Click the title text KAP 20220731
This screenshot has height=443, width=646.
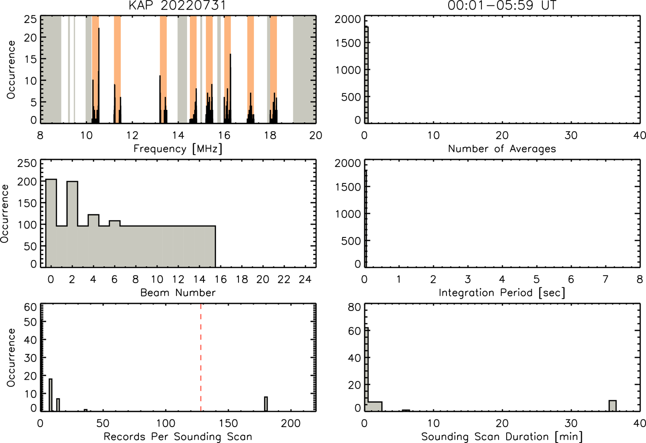(x=177, y=5)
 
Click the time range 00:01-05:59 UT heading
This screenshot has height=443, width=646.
(x=502, y=5)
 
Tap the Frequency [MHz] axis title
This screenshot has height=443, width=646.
(x=178, y=149)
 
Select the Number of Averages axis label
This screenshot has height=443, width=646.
(x=502, y=149)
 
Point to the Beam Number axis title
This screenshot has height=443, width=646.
(x=178, y=292)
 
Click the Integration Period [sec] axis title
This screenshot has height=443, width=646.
(x=502, y=293)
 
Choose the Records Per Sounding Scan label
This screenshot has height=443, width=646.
(x=178, y=436)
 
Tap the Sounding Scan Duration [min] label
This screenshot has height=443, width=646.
(x=502, y=436)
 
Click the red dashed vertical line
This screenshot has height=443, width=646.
(x=201, y=357)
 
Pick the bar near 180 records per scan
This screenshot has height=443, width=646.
(x=266, y=404)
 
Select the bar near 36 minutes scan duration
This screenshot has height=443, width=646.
(x=612, y=405)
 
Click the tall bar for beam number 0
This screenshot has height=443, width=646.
(x=51, y=223)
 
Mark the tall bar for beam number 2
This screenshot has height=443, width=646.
(x=73, y=224)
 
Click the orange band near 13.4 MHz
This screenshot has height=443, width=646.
(x=163, y=69)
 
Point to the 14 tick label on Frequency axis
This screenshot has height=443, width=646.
(x=178, y=135)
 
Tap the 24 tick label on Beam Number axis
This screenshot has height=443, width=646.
(x=305, y=279)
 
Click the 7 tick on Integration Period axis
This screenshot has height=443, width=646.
(x=605, y=279)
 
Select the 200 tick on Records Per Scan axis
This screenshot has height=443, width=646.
(x=291, y=424)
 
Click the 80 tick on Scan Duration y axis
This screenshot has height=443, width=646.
(x=355, y=307)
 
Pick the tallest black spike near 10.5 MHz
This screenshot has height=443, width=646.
(x=99, y=75)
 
